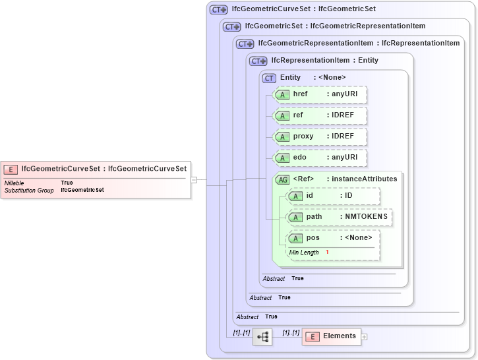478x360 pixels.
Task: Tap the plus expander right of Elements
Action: coord(365,337)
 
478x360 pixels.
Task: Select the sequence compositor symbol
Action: coord(262,337)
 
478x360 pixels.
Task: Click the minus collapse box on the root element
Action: coord(194,179)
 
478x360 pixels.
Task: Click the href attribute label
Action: coord(301,94)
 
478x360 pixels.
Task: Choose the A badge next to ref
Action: coord(282,115)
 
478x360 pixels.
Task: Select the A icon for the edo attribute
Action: coord(282,158)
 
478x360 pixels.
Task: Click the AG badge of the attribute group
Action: coord(282,179)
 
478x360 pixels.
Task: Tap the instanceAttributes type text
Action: coord(364,179)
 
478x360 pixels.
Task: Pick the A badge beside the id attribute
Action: coord(295,196)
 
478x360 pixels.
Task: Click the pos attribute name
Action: coord(313,238)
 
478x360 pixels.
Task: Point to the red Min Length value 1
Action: coord(327,253)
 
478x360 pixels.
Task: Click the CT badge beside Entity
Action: coord(269,78)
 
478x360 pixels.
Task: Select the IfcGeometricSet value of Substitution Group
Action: coord(82,190)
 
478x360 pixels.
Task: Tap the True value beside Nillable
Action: coord(67,183)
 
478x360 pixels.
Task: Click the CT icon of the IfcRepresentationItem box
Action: coord(258,61)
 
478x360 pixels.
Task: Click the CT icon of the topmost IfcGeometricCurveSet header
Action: coord(218,10)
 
